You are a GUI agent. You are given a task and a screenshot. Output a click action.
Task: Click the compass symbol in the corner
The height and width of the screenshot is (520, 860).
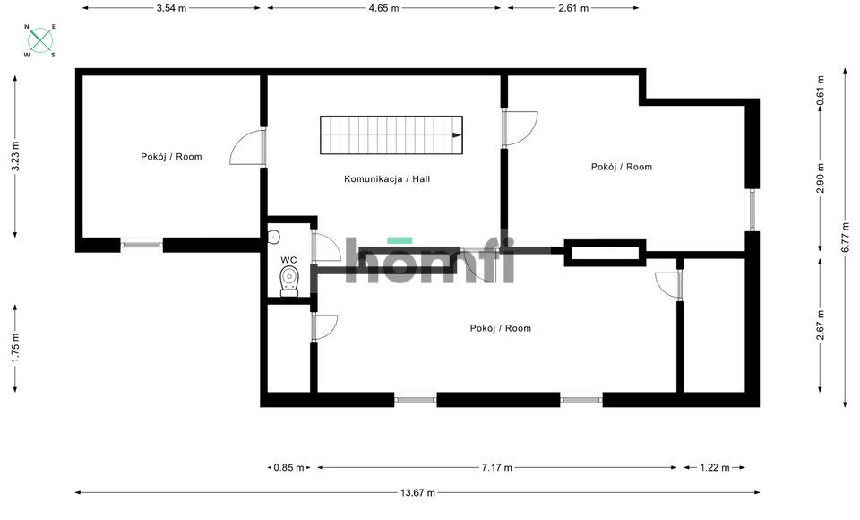pyautogui.click(x=39, y=40)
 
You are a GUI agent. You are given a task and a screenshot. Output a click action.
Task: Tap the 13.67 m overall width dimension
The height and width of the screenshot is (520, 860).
pyautogui.click(x=417, y=492)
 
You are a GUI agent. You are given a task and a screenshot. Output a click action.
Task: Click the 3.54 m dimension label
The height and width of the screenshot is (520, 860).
pyautogui.click(x=171, y=8)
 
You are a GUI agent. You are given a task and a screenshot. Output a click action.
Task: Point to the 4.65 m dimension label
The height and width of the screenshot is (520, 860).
pyautogui.click(x=383, y=8)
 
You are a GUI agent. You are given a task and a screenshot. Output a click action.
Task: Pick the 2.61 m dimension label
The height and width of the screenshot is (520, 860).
pyautogui.click(x=573, y=8)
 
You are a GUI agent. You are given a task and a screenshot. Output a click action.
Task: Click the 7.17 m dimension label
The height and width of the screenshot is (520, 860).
pyautogui.click(x=497, y=467)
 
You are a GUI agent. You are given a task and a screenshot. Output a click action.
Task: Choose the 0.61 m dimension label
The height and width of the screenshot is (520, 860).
pyautogui.click(x=821, y=90)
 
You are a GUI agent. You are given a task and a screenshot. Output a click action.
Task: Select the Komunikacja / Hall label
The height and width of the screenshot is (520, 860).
pyautogui.click(x=387, y=179)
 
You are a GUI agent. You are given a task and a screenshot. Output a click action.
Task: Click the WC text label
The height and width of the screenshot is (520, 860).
pyautogui.click(x=288, y=260)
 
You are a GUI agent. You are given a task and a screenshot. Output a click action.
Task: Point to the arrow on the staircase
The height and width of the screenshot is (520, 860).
pyautogui.click(x=457, y=135)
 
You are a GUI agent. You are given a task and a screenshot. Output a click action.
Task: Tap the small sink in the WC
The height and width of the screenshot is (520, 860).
pyautogui.click(x=273, y=237)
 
